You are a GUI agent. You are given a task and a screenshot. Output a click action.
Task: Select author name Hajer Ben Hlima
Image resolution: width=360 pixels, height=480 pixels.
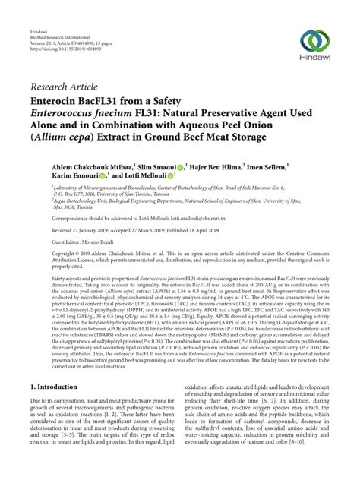point(220,165)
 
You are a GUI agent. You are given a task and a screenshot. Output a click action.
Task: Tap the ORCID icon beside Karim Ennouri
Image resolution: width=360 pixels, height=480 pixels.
point(102,175)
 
